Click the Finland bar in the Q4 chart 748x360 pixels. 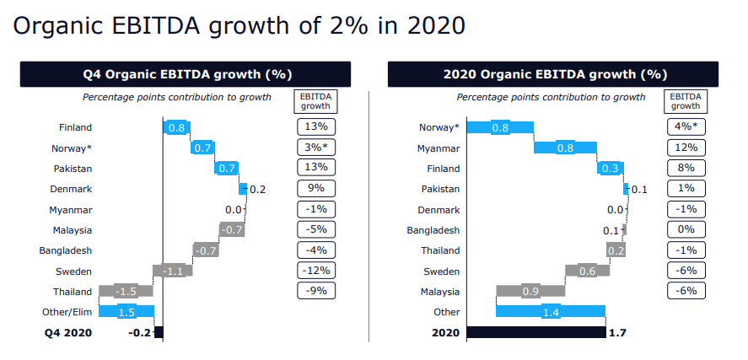(x=176, y=127)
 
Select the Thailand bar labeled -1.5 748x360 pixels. (x=126, y=291)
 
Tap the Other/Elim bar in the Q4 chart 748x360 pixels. (x=126, y=311)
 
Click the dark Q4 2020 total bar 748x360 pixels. (x=159, y=332)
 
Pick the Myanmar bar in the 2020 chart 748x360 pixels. (x=565, y=148)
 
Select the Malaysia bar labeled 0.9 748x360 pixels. (x=530, y=291)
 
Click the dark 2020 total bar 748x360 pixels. (x=535, y=332)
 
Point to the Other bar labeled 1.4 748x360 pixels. (x=551, y=311)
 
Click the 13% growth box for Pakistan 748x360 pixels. (x=315, y=168)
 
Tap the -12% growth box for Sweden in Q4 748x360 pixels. (x=315, y=271)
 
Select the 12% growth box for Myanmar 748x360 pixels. (x=686, y=148)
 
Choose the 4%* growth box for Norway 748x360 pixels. (x=686, y=128)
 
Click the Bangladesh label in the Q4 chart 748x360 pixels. (x=65, y=250)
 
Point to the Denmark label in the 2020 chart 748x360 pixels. (x=439, y=209)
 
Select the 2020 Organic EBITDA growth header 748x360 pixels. (x=552, y=74)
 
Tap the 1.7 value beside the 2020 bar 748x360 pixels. (x=617, y=333)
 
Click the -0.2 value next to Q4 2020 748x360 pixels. (x=139, y=333)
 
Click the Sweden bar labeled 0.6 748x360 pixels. (x=581, y=271)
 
